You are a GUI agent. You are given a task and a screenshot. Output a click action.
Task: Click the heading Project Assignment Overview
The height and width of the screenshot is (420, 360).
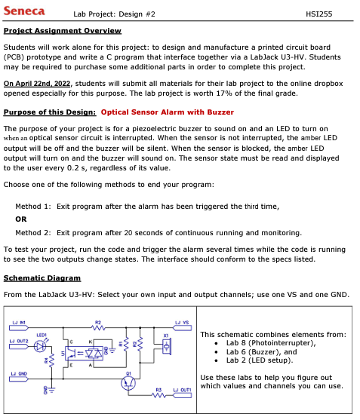pos(63,31)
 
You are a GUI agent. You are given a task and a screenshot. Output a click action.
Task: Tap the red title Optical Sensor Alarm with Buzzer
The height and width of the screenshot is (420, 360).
pos(167,112)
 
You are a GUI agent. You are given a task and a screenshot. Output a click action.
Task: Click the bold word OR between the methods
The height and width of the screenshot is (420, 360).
pos(21,219)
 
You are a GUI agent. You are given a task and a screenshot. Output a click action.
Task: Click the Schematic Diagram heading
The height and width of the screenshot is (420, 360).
pos(42,277)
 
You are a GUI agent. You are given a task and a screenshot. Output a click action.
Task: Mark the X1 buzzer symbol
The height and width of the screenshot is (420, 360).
pos(165,346)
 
